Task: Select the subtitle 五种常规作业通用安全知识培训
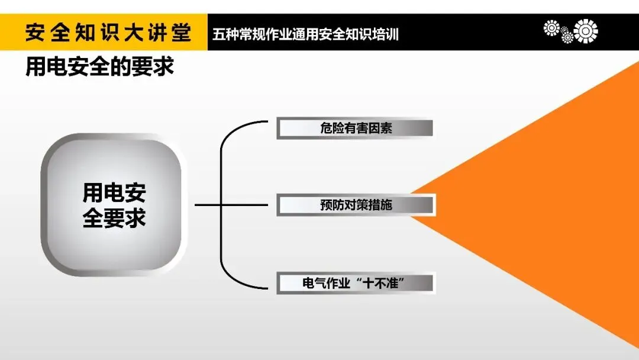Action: click(x=305, y=34)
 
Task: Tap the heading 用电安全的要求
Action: click(x=99, y=67)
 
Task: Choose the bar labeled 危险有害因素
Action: click(x=355, y=128)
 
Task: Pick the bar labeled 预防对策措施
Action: click(x=356, y=205)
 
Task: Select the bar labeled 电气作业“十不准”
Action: click(x=356, y=283)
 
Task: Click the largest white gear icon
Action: click(x=586, y=31)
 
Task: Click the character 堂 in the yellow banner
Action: click(x=181, y=33)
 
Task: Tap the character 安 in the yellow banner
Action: click(x=36, y=33)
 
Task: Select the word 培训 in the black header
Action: click(x=387, y=34)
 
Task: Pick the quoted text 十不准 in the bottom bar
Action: click(x=384, y=283)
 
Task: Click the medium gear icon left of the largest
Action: click(x=552, y=27)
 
